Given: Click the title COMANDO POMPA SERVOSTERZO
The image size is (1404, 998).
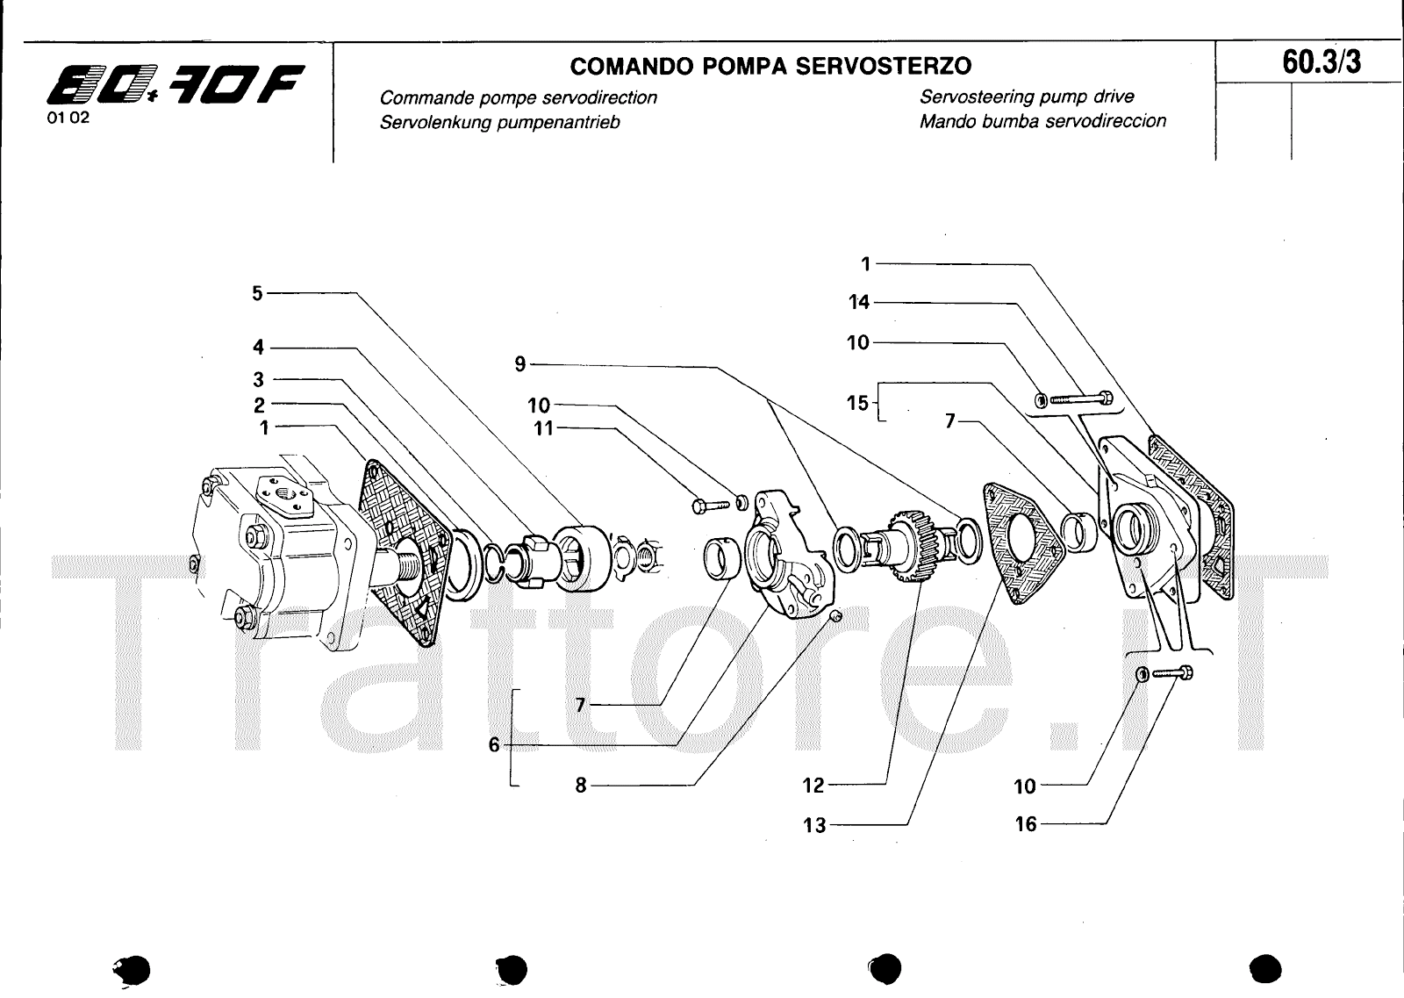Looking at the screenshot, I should pyautogui.click(x=770, y=66).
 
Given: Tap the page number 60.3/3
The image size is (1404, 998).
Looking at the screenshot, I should pyautogui.click(x=1322, y=62).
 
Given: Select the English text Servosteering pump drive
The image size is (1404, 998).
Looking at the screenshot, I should pyautogui.click(x=1027, y=97).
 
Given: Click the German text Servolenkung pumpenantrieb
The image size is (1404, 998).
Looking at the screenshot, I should pyautogui.click(x=499, y=123).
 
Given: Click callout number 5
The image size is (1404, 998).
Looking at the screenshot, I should pyautogui.click(x=257, y=293).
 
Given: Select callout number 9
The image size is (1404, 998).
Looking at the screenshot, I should pyautogui.click(x=520, y=363).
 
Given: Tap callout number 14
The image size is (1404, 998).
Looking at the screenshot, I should pyautogui.click(x=858, y=303).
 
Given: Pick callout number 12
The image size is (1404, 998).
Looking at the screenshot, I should pyautogui.click(x=813, y=786).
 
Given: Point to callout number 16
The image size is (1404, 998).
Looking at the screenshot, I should pyautogui.click(x=1025, y=825).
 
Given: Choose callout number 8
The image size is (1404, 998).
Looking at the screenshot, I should pyautogui.click(x=580, y=786).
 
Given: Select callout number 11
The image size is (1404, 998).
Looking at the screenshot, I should pyautogui.click(x=544, y=430).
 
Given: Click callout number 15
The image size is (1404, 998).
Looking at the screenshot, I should pyautogui.click(x=856, y=403).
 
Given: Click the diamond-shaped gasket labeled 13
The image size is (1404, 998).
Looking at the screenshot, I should pyautogui.click(x=1024, y=542).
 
